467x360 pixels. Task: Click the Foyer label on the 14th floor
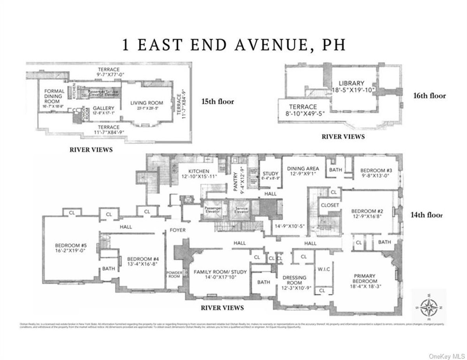click(177, 230)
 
